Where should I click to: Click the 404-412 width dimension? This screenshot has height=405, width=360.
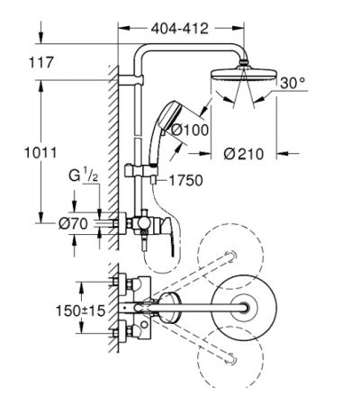point(179,29)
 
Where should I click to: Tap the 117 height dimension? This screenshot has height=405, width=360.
point(41,62)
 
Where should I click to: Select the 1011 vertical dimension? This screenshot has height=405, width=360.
point(40,153)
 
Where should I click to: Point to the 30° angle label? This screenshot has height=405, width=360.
point(292,83)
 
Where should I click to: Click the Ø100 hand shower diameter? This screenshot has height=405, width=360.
point(190,130)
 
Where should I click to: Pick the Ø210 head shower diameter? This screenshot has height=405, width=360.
point(244,154)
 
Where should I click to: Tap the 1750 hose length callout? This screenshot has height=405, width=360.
point(186,180)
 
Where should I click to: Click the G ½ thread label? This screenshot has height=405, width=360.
point(83,175)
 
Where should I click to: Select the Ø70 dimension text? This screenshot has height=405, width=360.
point(73,223)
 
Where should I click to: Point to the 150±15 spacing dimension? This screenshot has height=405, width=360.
point(81,310)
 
